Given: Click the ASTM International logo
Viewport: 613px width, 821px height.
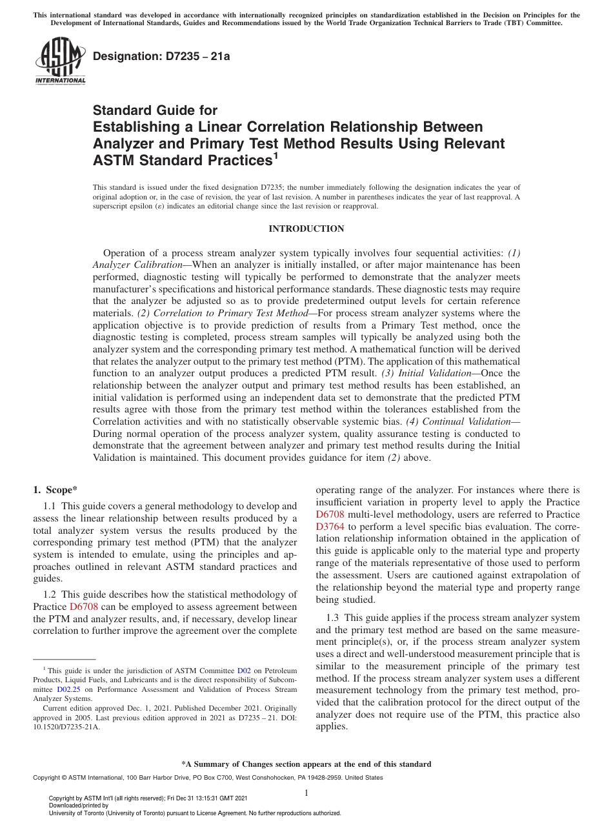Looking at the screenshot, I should coord(60,61).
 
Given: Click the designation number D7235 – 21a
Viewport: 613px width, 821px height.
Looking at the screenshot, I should coord(161,56).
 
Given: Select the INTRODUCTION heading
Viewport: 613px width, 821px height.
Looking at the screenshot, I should coord(306,228).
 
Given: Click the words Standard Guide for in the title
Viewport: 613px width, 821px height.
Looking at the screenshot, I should coord(155,110).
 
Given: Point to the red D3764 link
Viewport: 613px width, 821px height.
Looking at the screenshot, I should coord(330,526).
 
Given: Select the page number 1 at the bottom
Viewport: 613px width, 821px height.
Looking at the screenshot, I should coord(306,793).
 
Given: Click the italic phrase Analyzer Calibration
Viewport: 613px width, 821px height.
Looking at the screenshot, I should coord(137,265).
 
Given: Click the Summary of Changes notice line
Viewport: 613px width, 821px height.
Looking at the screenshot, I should coord(306,764).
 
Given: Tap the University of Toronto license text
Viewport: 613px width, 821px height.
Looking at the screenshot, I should coord(195,813).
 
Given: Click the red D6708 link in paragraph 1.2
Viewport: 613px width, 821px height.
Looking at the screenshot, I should coord(82,607).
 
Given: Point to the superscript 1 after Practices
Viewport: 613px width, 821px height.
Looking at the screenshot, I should coord(275,155).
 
